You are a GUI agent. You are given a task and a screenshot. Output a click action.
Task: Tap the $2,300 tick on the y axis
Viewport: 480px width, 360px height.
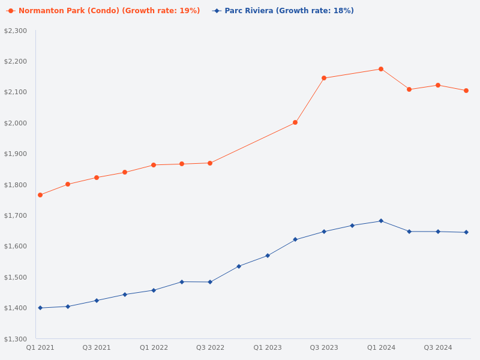(x=16, y=31)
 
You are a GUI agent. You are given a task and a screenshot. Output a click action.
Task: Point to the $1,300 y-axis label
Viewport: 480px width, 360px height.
(x=16, y=339)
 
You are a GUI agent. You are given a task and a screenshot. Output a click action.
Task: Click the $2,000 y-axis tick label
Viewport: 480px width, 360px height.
(x=16, y=123)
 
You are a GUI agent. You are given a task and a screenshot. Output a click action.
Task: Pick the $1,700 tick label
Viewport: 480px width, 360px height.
(x=16, y=215)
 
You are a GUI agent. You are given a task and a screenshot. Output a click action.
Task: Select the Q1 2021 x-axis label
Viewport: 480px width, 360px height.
(x=40, y=347)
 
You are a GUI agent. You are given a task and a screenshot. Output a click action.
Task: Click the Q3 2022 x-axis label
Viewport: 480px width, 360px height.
(x=210, y=347)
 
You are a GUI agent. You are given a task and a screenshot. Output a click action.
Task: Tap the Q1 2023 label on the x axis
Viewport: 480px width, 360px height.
(x=267, y=347)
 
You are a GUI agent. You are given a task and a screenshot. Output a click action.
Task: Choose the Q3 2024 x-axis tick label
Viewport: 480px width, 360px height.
(x=438, y=347)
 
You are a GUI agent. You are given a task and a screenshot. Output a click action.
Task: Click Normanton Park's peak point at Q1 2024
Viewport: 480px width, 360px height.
(x=381, y=69)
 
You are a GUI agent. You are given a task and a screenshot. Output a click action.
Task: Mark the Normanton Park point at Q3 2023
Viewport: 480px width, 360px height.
(x=324, y=78)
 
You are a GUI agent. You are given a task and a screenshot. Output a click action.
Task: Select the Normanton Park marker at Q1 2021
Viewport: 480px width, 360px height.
(x=40, y=195)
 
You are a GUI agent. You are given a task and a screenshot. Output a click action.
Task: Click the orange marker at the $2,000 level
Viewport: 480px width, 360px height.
(x=295, y=122)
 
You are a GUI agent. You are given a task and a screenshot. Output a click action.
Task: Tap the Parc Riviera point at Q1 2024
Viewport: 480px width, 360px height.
(x=381, y=221)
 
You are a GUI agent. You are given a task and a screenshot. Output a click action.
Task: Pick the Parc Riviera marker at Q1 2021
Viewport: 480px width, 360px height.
(x=40, y=308)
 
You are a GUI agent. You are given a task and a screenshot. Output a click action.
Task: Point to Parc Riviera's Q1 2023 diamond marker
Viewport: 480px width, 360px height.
(x=268, y=256)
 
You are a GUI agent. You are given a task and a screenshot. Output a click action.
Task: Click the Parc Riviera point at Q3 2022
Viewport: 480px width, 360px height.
(x=210, y=282)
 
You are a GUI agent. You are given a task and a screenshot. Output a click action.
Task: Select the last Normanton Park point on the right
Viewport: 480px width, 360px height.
(x=466, y=91)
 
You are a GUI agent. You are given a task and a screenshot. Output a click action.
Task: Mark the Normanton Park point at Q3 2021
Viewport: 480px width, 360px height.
(x=97, y=178)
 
